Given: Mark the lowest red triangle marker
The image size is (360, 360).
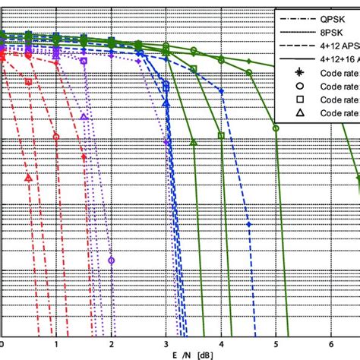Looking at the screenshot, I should tap(28, 178).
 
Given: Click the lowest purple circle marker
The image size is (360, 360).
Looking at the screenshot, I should tap(112, 260).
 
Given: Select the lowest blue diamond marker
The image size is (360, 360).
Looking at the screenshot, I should tap(250, 224).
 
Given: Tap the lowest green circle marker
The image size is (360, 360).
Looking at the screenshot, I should tap(276, 128).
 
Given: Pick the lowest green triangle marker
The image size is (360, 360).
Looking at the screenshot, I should tap(194, 142).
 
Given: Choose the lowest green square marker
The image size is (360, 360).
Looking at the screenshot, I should tap(221, 136).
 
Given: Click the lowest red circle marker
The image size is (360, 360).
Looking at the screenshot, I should tap(56, 137).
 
